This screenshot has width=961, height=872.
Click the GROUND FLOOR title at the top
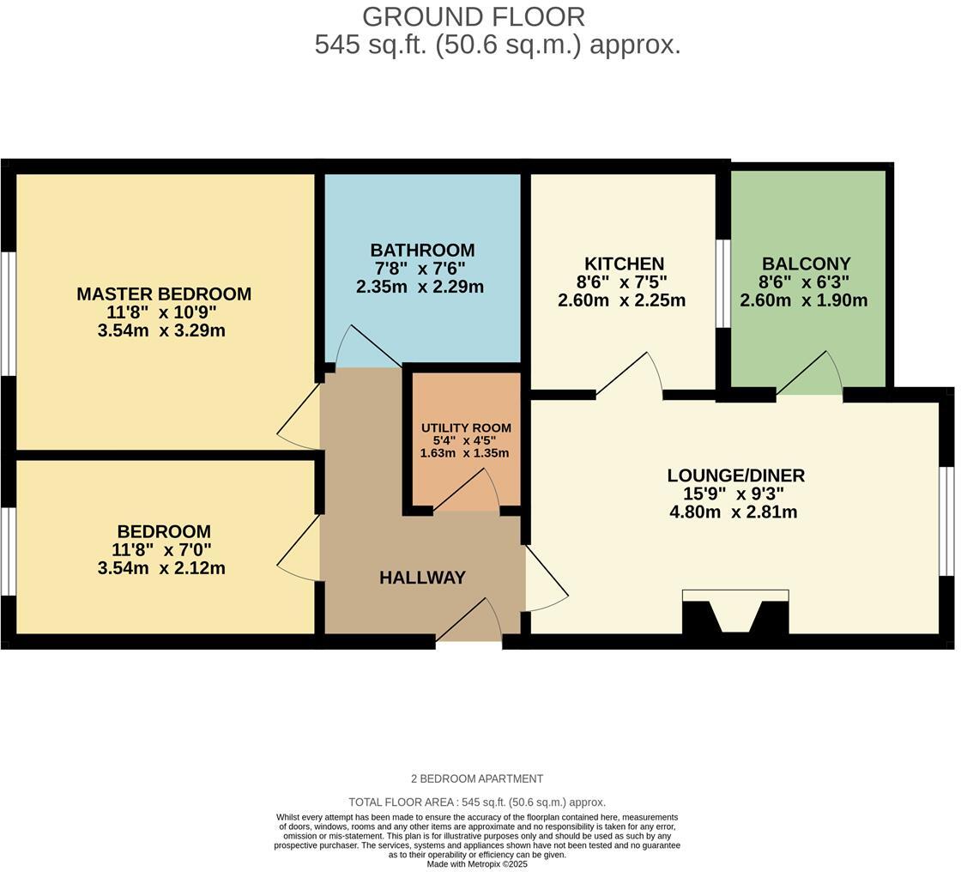click(x=474, y=16)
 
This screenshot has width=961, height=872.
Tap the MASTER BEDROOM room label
click(x=164, y=294)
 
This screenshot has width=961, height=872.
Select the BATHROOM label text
click(x=422, y=250)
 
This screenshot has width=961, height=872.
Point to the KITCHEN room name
click(x=624, y=263)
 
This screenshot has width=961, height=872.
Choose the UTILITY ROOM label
click(x=466, y=427)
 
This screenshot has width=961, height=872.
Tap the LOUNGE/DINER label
click(x=736, y=475)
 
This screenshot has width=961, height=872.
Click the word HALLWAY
click(x=422, y=578)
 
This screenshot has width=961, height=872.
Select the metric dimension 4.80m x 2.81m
click(x=734, y=512)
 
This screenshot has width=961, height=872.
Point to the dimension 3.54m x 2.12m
click(x=161, y=568)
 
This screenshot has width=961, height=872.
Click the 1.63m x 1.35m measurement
click(x=464, y=453)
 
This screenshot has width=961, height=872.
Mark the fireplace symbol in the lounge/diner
click(x=735, y=613)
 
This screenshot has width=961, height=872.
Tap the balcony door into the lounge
click(x=812, y=374)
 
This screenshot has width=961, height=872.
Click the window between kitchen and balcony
click(x=722, y=283)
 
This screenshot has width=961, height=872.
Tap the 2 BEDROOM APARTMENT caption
click(x=477, y=778)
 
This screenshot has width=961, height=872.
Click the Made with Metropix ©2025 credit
click(x=477, y=864)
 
